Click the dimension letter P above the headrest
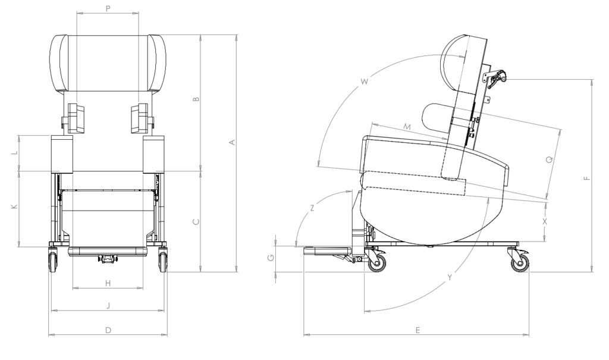click(x=108, y=8)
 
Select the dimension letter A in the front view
click(x=233, y=142)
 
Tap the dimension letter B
click(x=197, y=99)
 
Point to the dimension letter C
click(x=196, y=221)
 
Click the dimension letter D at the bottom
click(x=108, y=330)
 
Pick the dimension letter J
click(x=108, y=305)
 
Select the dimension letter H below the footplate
click(x=108, y=283)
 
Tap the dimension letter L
click(x=14, y=152)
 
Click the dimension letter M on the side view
click(x=407, y=127)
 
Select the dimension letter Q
click(x=549, y=159)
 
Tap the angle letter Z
click(x=313, y=208)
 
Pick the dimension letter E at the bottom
click(x=417, y=330)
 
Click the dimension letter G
click(x=271, y=258)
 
